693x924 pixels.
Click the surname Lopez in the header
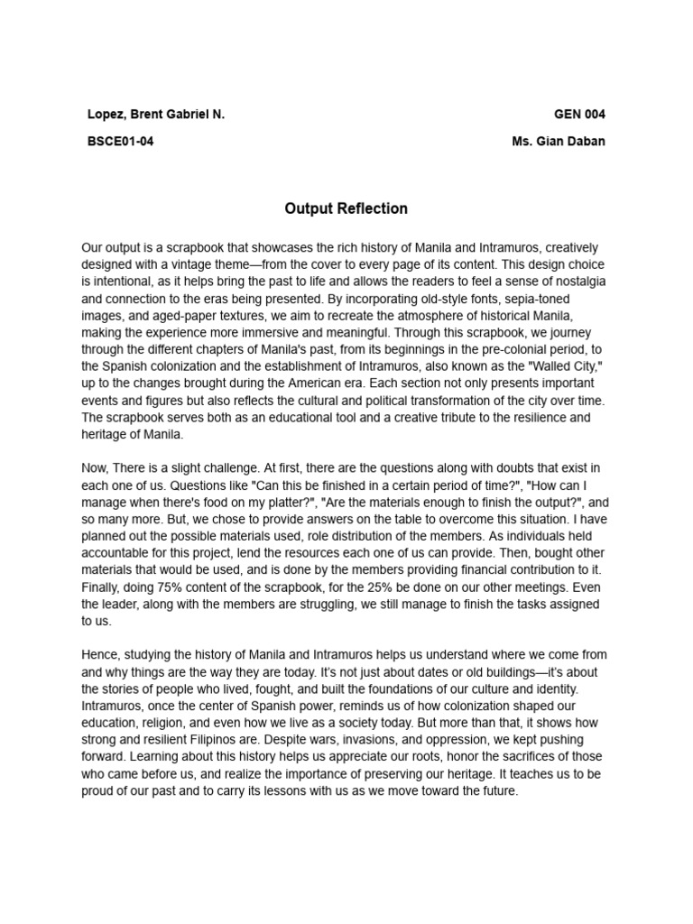pos(106,115)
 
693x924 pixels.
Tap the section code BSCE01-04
pos(120,142)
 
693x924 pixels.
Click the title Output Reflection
pos(346,208)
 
